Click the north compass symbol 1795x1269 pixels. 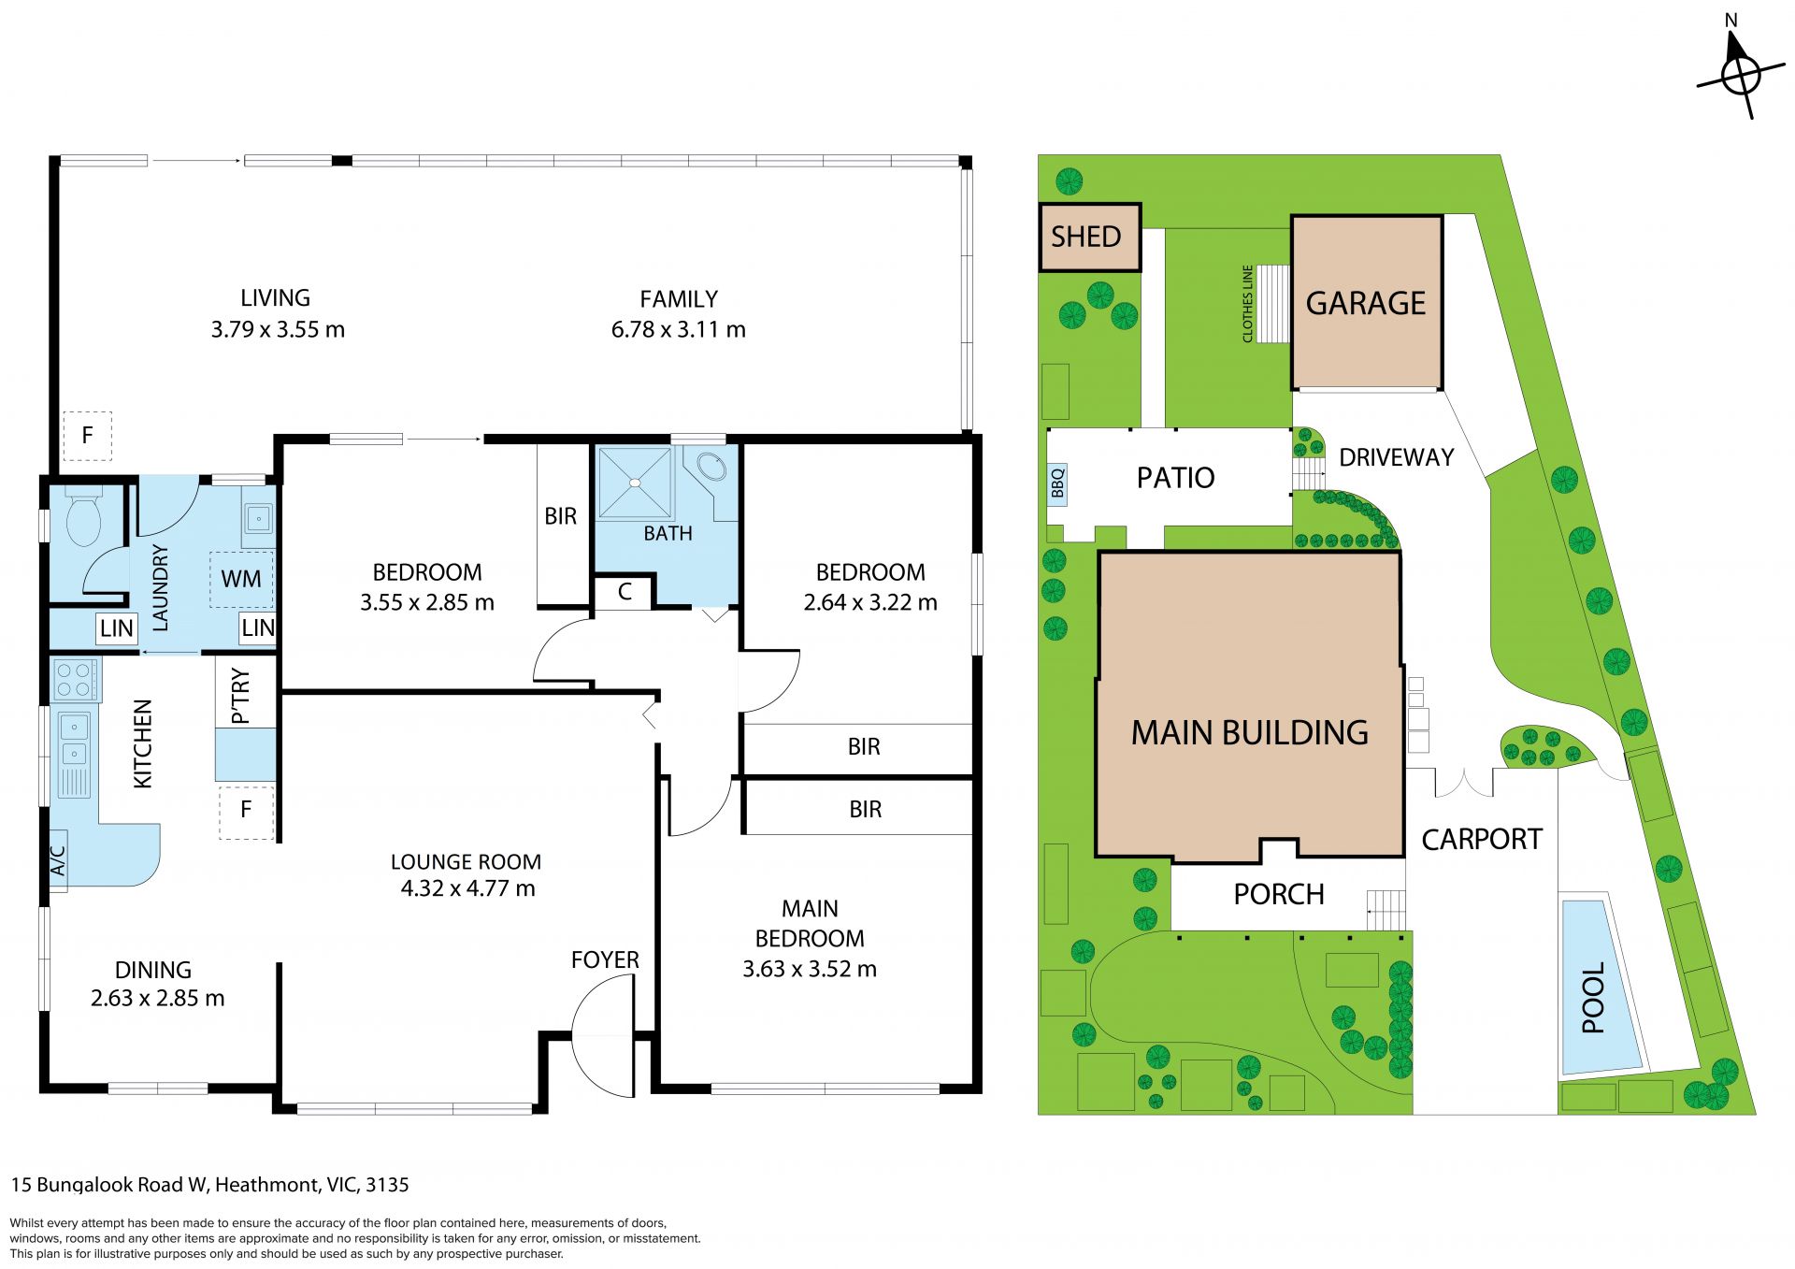[x=1739, y=73]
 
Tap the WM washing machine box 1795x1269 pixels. [x=241, y=579]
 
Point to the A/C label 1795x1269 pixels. [x=58, y=860]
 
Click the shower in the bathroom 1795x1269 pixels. [x=635, y=483]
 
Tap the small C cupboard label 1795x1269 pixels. [x=625, y=592]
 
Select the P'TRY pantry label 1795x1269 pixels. [x=240, y=696]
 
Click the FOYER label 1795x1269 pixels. [x=605, y=959]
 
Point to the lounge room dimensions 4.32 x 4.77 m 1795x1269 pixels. [x=467, y=888]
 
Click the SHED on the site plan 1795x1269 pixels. [x=1090, y=238]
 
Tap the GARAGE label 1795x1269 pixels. [x=1366, y=303]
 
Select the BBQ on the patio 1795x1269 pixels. [x=1057, y=484]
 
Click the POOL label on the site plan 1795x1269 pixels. [x=1593, y=998]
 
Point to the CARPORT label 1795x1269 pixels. [x=1482, y=840]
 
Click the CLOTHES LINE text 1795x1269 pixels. [x=1247, y=304]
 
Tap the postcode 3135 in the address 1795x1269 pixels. [x=387, y=1185]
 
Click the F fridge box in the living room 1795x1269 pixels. [x=87, y=435]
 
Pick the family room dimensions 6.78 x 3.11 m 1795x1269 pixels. [x=679, y=329]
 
